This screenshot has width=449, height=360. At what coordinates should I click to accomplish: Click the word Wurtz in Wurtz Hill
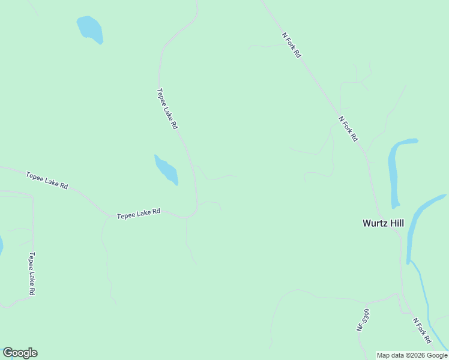375,223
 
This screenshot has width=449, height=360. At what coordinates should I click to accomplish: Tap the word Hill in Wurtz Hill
396,223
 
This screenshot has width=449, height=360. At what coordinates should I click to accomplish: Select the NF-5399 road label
361,320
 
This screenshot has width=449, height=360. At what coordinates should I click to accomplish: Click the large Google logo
20,353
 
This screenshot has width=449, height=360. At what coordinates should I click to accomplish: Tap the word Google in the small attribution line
437,356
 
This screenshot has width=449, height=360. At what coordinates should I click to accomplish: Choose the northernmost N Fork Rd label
291,45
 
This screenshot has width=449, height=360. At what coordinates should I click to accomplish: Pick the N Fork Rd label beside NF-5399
422,331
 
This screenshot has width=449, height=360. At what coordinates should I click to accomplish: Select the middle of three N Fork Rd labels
348,129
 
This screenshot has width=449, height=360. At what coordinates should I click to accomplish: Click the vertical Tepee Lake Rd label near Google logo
31,273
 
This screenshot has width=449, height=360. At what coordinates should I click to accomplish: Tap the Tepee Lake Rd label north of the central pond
167,109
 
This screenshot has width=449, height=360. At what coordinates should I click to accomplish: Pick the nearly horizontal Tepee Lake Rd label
139,213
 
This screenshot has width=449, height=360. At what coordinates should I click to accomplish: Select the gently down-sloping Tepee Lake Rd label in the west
47,180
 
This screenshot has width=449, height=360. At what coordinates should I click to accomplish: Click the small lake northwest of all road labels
91,29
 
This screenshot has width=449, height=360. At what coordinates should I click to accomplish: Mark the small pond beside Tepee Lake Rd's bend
166,170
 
